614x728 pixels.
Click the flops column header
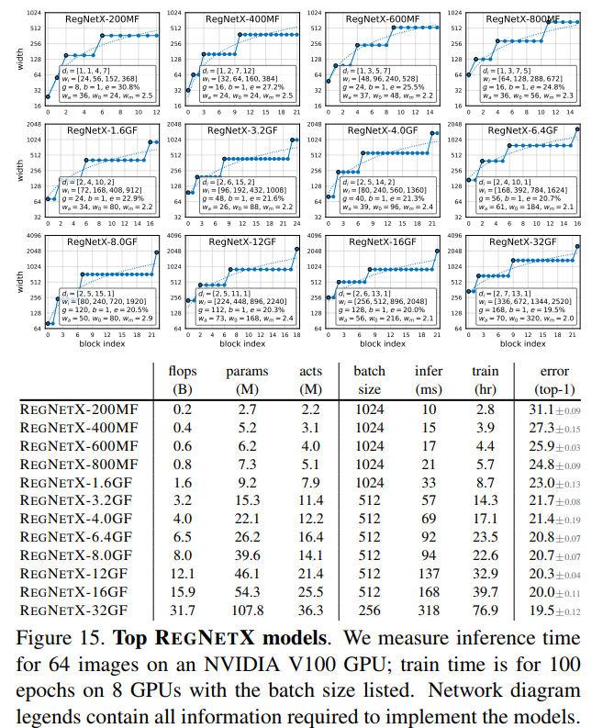184,371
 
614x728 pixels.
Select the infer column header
430,371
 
